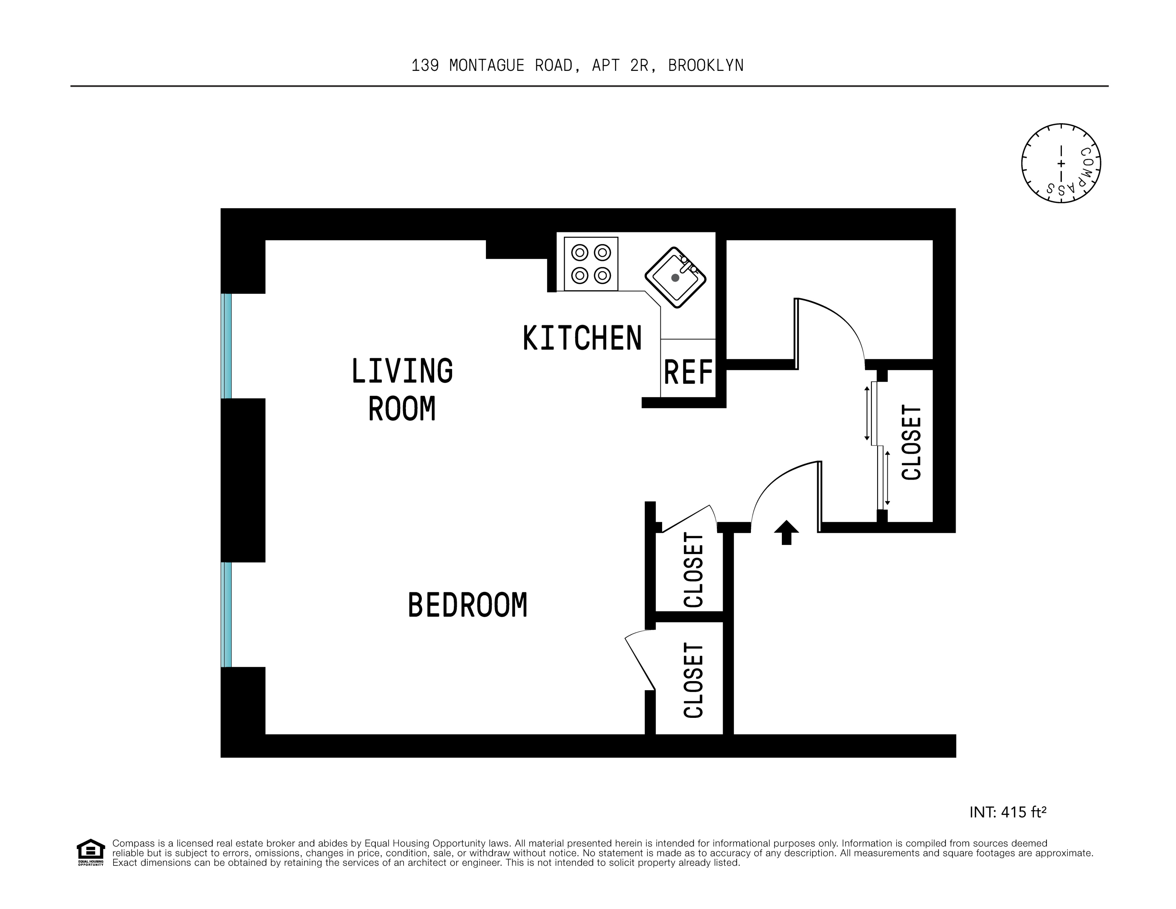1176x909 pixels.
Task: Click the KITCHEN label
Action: [x=582, y=338]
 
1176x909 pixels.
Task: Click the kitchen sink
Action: [x=675, y=277]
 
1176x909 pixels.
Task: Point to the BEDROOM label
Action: [x=467, y=605]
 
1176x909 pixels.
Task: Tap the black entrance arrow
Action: [x=786, y=532]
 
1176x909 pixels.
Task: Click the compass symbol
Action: [x=1061, y=163]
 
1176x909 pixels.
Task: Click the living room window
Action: [x=227, y=346]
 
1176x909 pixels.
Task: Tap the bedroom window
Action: [x=227, y=614]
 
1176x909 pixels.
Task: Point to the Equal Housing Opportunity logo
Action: [x=90, y=852]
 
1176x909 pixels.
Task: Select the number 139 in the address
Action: [x=425, y=66]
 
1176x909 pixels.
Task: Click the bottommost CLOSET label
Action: [x=694, y=680]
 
